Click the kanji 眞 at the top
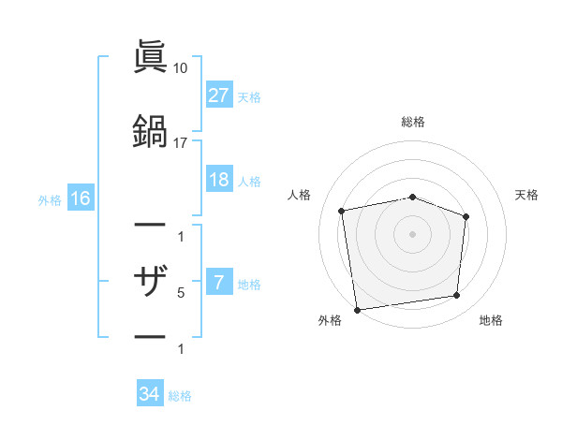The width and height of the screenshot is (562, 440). pos(150,57)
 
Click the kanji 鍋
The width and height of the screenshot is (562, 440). pos(150,128)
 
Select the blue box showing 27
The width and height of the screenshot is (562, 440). pos(218,95)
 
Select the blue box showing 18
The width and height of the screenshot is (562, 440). pos(218,181)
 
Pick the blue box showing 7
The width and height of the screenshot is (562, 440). pos(218,284)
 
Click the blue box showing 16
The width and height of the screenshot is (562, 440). pos(80,198)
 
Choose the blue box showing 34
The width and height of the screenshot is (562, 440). pos(150,394)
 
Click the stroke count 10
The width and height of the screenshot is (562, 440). pos(181,68)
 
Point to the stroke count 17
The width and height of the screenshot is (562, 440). pos(181,142)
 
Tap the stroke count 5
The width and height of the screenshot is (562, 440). pos(181,293)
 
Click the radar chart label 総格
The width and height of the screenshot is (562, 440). pos(413,122)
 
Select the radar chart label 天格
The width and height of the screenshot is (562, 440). pos(526,195)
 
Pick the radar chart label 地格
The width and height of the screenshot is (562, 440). pos(490,320)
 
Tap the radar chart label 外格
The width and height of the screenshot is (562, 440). pos(330,320)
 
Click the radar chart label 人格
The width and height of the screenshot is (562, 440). pos(300,195)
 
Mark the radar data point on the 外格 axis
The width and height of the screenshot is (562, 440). pos(357,309)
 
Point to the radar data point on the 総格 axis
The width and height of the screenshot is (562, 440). pos(413,197)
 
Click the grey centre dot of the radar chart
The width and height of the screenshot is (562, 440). pos(413,233)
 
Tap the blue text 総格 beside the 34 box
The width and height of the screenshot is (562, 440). pos(180,396)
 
